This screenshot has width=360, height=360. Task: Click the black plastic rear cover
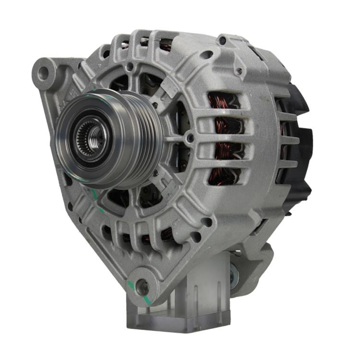click(299, 144)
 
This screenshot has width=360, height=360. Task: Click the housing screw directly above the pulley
click(130, 67)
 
